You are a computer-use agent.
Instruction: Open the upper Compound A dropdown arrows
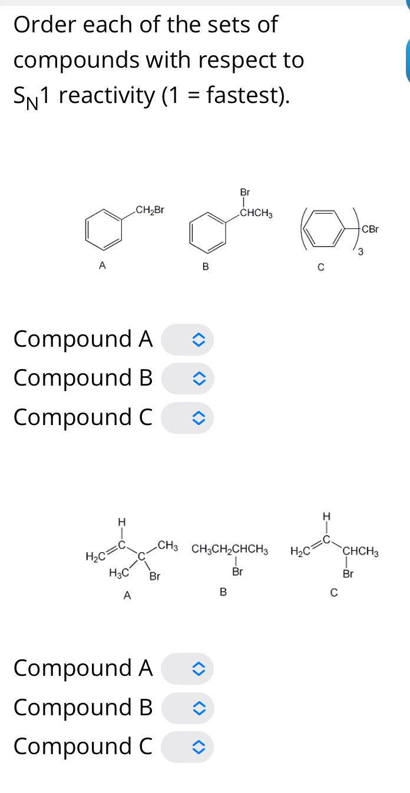click(x=198, y=340)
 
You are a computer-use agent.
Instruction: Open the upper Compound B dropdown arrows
click(x=198, y=379)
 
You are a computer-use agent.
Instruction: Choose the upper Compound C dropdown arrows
click(x=198, y=418)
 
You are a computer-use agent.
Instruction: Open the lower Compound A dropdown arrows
click(x=198, y=669)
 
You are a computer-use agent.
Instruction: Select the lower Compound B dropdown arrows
click(x=198, y=708)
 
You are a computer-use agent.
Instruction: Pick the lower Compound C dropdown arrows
click(x=198, y=747)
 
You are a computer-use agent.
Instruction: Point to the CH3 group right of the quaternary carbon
click(x=168, y=546)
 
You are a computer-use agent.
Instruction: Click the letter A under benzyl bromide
click(x=102, y=266)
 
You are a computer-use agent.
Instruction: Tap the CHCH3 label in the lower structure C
click(x=361, y=552)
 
